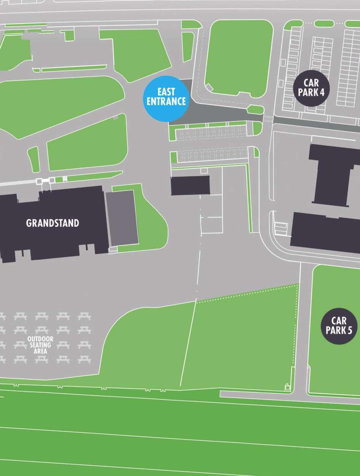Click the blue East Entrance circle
[166, 98]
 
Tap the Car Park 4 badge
[311, 88]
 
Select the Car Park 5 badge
[339, 326]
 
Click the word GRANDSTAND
[53, 223]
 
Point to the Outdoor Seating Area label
[40, 345]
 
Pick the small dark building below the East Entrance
[190, 185]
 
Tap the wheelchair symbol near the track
[287, 387]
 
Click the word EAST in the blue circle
[166, 92]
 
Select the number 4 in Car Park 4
[322, 92]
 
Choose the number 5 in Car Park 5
[349, 330]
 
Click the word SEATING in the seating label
[40, 345]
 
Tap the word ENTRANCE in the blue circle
[166, 102]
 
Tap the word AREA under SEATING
[40, 351]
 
